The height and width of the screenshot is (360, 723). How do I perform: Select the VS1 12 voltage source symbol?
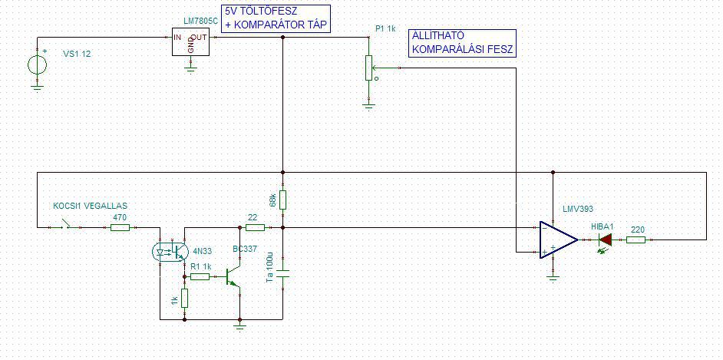[37, 64]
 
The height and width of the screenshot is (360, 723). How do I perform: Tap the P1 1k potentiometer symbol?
[368, 68]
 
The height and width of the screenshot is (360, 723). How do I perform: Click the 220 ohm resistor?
[636, 239]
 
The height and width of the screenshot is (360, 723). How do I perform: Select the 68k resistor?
[282, 200]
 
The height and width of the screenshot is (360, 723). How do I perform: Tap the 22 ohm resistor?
[254, 227]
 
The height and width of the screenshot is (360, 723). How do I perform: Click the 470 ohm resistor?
[119, 227]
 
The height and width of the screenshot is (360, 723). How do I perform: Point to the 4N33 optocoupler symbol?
[171, 249]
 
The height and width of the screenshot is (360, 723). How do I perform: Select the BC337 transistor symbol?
[233, 276]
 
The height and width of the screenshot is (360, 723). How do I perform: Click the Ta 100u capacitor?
[282, 275]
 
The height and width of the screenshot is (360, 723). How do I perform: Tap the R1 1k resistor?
[199, 276]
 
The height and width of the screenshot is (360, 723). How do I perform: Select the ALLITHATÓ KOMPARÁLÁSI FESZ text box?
[462, 43]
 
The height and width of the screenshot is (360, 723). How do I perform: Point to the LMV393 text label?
[578, 209]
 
